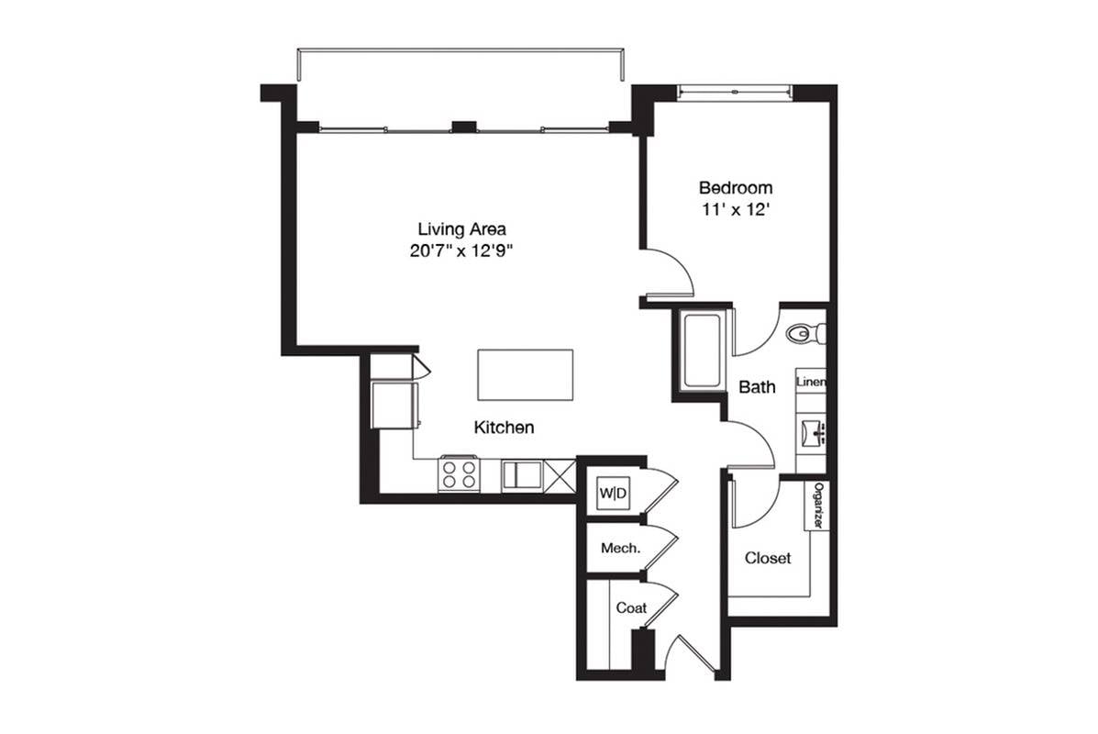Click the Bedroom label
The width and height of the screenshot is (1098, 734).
[736, 188]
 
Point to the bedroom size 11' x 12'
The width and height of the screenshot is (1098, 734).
[736, 209]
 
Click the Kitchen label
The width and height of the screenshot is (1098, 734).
[505, 428]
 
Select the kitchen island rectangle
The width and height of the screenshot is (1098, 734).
[526, 374]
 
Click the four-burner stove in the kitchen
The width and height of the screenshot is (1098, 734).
[460, 473]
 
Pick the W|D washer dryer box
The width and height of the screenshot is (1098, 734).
[614, 493]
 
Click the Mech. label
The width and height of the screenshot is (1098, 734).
[620, 549]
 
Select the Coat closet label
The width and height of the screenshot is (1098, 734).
[631, 608]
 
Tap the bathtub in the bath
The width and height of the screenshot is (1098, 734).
[703, 350]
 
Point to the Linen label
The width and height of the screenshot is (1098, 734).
[812, 382]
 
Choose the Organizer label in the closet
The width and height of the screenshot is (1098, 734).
[817, 506]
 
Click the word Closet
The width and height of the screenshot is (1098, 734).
[768, 558]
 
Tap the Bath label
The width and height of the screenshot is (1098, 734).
[758, 386]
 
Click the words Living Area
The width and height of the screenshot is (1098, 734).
[462, 229]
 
